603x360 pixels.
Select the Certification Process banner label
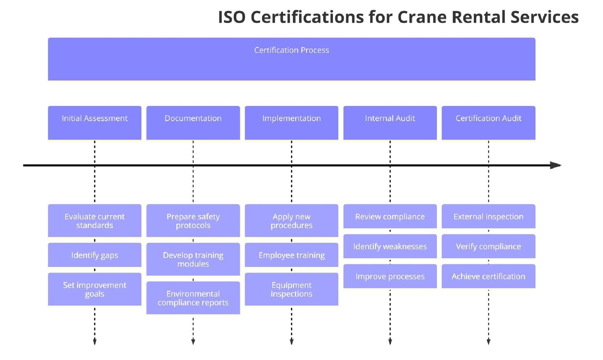(x=291, y=50)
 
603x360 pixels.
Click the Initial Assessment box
(x=95, y=123)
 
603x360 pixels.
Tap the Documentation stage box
(x=193, y=123)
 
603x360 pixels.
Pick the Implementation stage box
(x=291, y=123)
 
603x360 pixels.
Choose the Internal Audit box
(x=390, y=123)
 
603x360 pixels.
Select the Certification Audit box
(x=488, y=123)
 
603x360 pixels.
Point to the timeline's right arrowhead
(x=556, y=165)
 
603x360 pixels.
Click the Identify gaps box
(x=95, y=255)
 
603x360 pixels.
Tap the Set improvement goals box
(x=95, y=289)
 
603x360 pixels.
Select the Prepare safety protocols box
(x=193, y=221)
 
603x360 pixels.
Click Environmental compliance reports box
(x=193, y=298)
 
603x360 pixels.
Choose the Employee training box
(x=291, y=255)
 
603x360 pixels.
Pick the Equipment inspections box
(x=291, y=289)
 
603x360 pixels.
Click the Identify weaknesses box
(x=390, y=246)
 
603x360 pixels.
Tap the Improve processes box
(x=390, y=276)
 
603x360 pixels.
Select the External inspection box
(x=488, y=216)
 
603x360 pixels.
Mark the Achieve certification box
(x=488, y=276)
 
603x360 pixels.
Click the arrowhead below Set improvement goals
(x=95, y=342)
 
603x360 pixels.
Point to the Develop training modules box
(x=193, y=259)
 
